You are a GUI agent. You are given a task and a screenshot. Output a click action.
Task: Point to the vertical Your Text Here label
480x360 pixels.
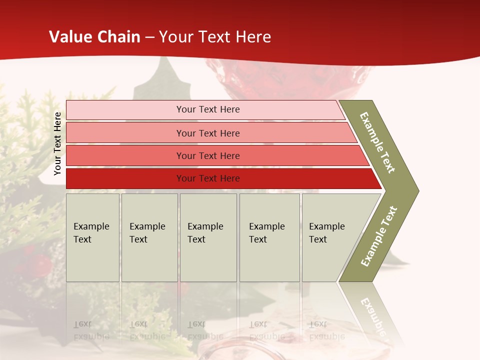(57, 144)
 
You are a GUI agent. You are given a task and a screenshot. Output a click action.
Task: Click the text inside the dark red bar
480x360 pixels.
(208, 178)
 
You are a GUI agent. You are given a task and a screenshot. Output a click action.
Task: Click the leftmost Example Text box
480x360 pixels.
(92, 237)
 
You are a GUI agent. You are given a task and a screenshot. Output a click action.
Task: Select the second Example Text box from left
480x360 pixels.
(149, 237)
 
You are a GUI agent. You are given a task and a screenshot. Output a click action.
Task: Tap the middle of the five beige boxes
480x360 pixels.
(208, 237)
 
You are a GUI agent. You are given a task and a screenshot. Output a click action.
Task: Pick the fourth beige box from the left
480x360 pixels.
(269, 237)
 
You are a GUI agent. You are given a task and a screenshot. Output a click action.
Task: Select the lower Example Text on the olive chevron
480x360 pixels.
(379, 236)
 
